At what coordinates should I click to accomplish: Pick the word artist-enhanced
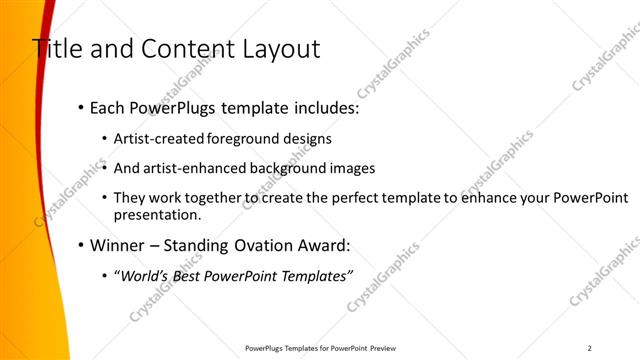pyautogui.click(x=189, y=168)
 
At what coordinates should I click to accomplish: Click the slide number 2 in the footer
pyautogui.click(x=590, y=348)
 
